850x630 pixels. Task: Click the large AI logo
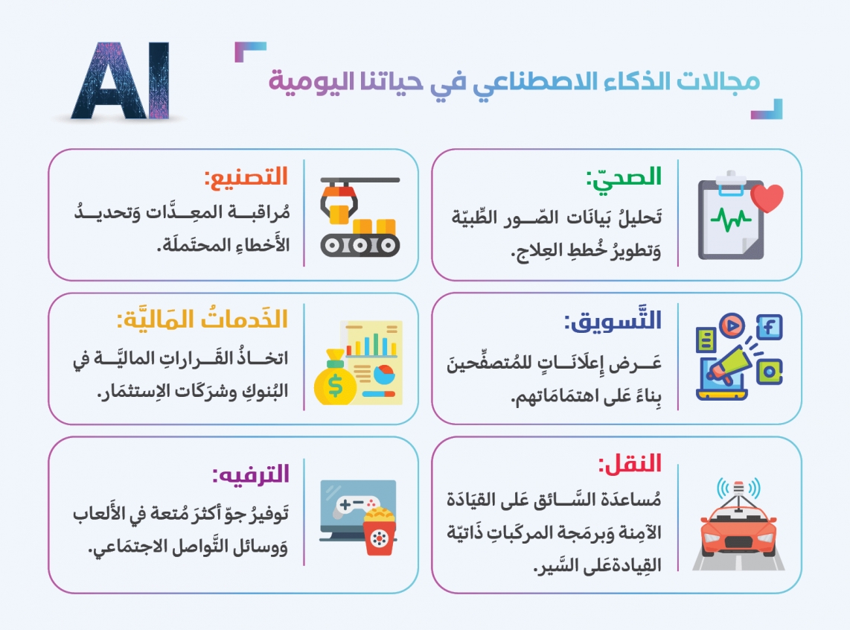121,80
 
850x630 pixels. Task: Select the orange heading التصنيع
246,176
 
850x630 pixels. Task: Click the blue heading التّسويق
613,320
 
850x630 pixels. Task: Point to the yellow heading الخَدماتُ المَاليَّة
202,319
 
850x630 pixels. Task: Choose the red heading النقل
630,464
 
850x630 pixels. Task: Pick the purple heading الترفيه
250,474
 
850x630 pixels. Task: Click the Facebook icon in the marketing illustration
769,327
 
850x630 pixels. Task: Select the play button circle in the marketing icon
732,325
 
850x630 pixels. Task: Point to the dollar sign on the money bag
335,386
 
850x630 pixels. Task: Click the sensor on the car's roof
738,491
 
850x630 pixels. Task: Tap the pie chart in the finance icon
386,374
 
